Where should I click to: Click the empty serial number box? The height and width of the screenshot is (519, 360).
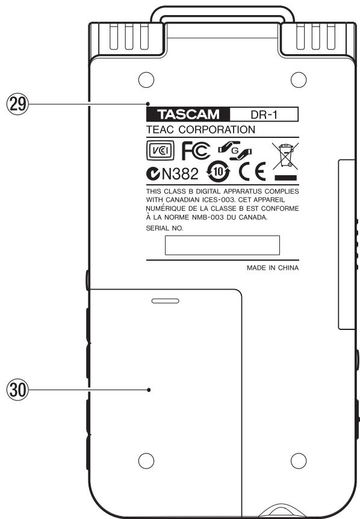(x=222, y=245)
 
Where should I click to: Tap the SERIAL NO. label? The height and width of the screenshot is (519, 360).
(x=166, y=229)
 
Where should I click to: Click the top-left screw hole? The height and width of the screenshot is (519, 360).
(x=143, y=79)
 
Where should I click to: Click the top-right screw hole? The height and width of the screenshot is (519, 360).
(x=296, y=79)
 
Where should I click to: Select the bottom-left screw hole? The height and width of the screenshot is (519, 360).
(x=143, y=461)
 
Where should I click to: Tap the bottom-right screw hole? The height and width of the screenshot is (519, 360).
(x=296, y=461)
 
